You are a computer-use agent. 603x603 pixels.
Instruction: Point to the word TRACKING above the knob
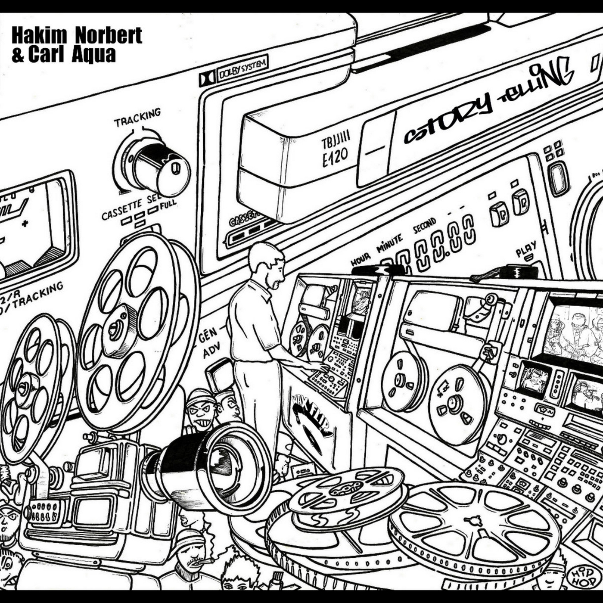(137, 118)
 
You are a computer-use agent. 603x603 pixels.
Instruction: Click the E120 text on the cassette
(335, 158)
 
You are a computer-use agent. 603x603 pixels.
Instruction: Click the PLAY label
(526, 249)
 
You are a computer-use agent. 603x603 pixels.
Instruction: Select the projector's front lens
(233, 461)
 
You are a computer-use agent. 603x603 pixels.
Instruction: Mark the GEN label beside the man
(210, 335)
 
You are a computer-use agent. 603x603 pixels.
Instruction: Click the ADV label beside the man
(212, 352)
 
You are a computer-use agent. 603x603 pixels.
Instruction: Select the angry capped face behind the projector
(202, 409)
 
